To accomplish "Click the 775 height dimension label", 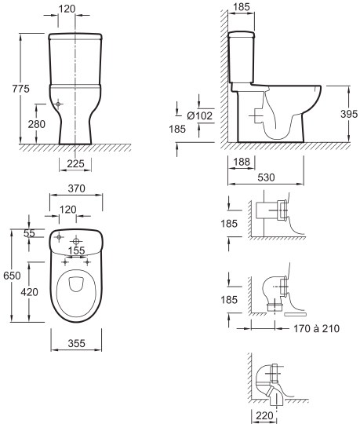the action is click(x=21, y=89).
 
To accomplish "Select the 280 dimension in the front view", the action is click(x=37, y=124).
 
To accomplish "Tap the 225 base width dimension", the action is click(x=75, y=163).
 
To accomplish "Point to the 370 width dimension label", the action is click(x=76, y=188).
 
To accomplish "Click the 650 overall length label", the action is click(x=12, y=276).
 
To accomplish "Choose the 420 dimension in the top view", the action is click(x=30, y=292).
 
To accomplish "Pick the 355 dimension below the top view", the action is click(x=76, y=343).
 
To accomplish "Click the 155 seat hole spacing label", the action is click(x=76, y=250).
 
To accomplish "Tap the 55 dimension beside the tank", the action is click(x=29, y=233).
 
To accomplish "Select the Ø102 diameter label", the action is click(x=200, y=115).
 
